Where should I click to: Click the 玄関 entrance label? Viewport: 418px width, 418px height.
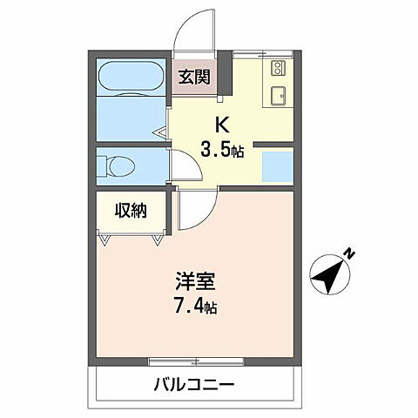195,76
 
